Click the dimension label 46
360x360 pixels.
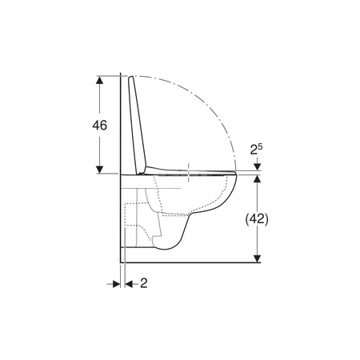[100, 125]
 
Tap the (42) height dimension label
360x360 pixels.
[257, 219]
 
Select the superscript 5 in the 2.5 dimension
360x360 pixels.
[260, 146]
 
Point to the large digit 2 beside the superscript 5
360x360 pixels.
[254, 150]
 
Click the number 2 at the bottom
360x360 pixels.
[144, 283]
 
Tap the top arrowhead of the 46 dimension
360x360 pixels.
[99, 80]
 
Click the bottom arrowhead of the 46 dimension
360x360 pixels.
[99, 170]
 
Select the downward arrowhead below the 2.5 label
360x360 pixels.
[257, 166]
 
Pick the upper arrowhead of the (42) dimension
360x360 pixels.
[257, 178]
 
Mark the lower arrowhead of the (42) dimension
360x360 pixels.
[257, 258]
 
